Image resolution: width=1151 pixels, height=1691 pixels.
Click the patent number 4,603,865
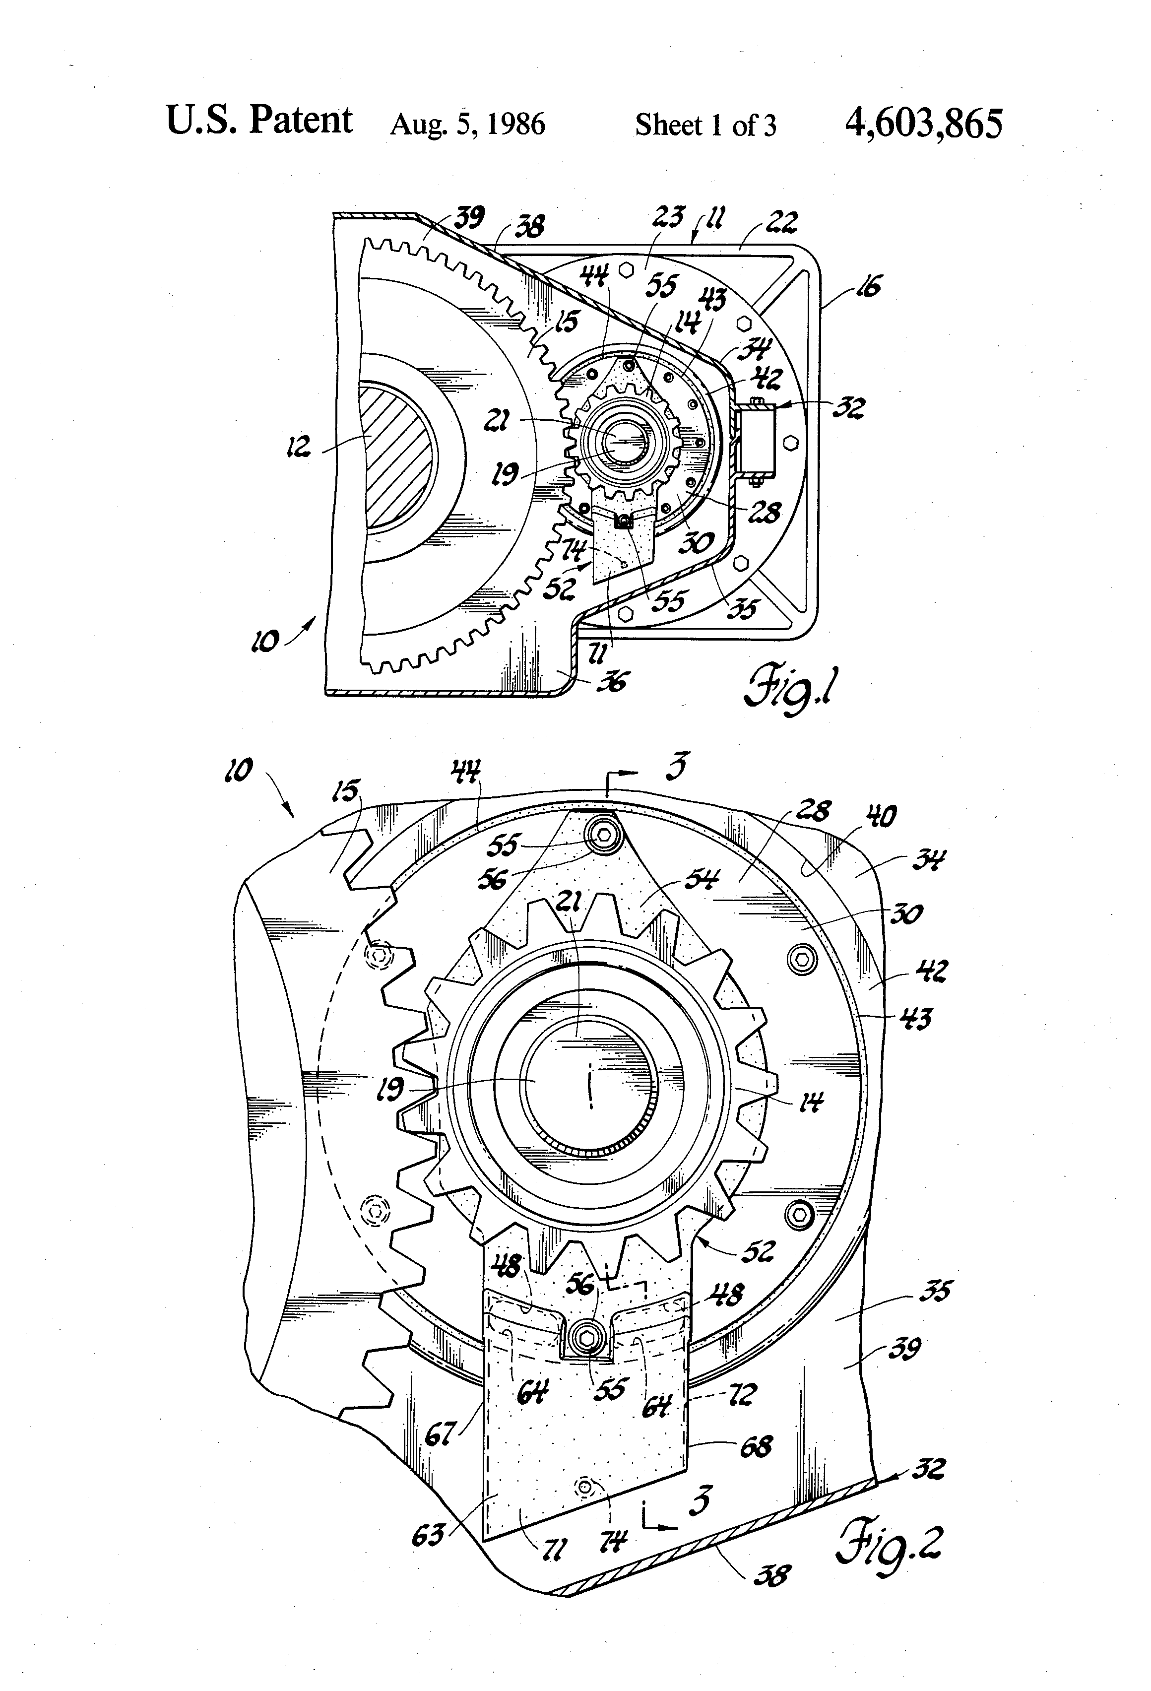tap(923, 124)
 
